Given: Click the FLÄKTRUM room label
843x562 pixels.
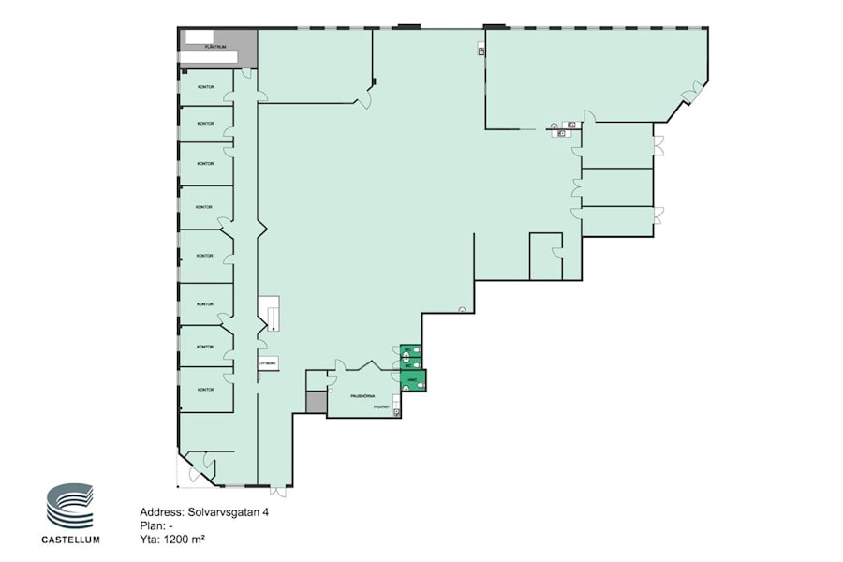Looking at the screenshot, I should point(216,45).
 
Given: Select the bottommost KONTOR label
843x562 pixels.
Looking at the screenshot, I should point(206,389).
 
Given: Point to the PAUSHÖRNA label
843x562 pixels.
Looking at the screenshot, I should point(363,395).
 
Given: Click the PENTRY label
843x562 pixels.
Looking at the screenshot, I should point(381,407).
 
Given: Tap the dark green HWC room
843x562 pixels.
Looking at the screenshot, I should point(412,379).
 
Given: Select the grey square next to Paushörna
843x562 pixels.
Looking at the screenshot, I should point(316,402).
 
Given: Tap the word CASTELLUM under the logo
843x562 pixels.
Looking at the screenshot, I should point(70,540).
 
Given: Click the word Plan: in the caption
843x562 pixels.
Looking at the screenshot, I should point(152,526).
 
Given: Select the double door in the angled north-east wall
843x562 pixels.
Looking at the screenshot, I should point(691,92).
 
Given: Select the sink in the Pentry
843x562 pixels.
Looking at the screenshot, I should point(396,411).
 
